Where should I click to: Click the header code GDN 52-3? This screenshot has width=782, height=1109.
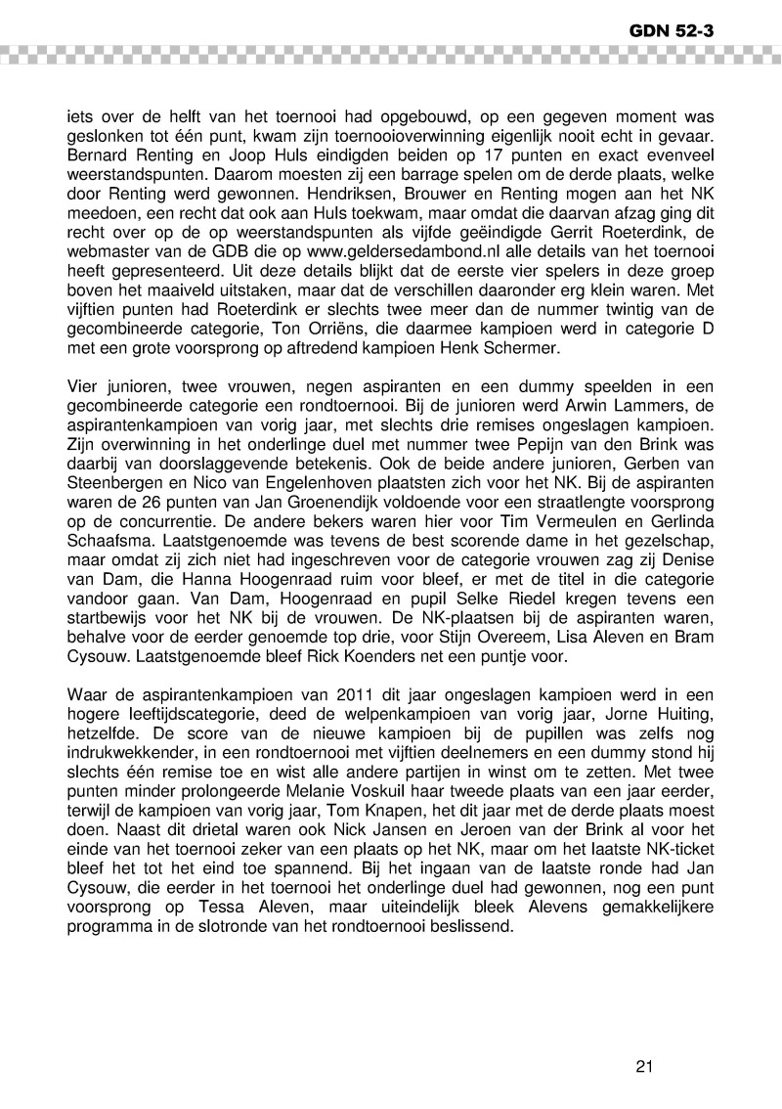pos(672,30)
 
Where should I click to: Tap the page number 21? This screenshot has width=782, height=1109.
pos(643,1067)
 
